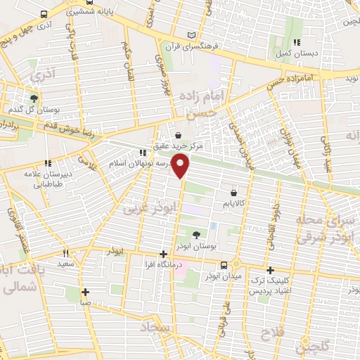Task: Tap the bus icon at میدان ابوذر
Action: [x=223, y=265]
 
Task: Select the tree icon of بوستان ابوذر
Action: [x=195, y=234]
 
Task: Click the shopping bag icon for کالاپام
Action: [x=233, y=191]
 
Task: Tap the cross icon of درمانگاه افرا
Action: [x=163, y=254]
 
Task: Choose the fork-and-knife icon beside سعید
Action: [x=65, y=253]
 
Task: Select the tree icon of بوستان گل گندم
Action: [x=33, y=98]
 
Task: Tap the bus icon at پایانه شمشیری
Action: [x=44, y=14]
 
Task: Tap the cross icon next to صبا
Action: [x=85, y=292]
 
